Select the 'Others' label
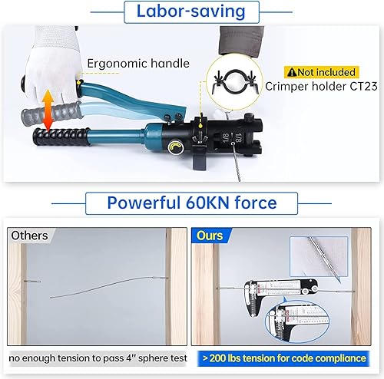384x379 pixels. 30,236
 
